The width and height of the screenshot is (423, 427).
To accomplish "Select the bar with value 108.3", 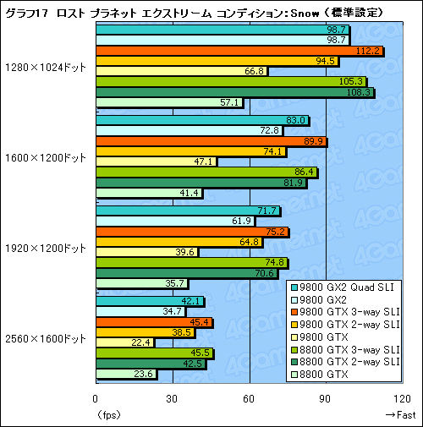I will (234, 92).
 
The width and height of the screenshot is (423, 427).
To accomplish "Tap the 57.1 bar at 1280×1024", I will (169, 102).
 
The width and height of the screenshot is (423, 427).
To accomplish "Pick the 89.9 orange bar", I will (211, 141).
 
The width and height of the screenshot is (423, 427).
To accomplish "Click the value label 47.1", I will (205, 161).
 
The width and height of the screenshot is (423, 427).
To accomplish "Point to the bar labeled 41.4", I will (149, 193).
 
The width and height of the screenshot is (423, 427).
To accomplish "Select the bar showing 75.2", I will (192, 232).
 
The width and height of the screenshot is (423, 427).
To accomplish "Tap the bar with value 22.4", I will (124, 342).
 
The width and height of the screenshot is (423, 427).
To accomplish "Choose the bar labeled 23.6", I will (126, 374).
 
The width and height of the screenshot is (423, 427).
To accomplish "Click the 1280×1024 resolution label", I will (45, 68).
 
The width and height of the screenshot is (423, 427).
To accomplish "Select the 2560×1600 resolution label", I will (45, 338).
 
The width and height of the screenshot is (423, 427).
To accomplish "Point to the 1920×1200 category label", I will (45, 248).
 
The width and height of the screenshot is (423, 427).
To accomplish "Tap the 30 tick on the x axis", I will (172, 400).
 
